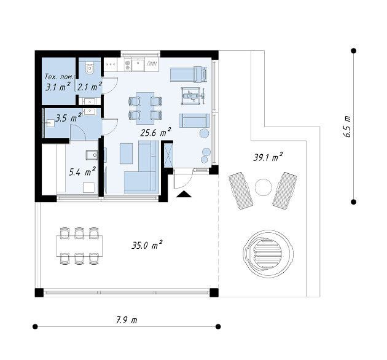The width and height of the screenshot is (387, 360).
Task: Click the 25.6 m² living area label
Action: [x=155, y=133]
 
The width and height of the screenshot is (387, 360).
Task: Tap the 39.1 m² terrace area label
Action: [x=268, y=157]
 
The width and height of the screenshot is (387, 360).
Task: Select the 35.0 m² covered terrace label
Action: [x=147, y=245]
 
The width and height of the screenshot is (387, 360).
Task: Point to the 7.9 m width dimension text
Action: [x=127, y=320]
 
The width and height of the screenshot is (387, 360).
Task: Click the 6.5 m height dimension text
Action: [x=347, y=126]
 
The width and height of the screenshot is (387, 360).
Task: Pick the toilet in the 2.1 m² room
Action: [x=89, y=68]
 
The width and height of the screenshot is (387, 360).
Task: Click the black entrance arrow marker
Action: [x=184, y=194]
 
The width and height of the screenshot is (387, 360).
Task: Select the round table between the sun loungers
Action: [x=264, y=187]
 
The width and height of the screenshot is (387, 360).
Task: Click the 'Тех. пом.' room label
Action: [x=58, y=77]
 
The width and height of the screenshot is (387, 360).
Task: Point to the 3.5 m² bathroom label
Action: [x=68, y=118]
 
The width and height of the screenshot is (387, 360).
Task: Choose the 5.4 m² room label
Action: [x=82, y=172]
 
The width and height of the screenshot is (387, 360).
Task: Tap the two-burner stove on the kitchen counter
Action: [x=128, y=65]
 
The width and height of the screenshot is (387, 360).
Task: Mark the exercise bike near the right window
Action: [x=193, y=96]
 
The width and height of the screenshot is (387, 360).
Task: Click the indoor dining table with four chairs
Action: [x=145, y=108]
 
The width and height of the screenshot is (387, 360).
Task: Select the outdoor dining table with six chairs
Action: [x=79, y=246]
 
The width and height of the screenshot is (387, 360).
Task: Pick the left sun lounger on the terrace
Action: [x=241, y=191]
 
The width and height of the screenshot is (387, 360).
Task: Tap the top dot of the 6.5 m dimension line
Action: [x=353, y=51]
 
